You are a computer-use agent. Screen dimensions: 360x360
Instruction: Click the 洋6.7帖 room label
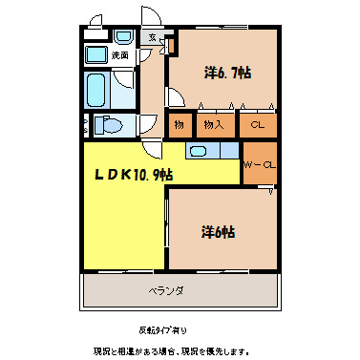coord(227,73)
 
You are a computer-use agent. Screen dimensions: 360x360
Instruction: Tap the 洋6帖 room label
coord(219,231)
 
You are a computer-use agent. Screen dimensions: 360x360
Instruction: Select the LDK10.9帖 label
coord(132,174)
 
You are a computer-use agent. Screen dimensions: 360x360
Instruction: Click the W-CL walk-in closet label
coord(259,163)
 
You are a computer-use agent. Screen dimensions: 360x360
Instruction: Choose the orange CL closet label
coord(257,124)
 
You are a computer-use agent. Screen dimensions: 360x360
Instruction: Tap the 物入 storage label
coord(213,124)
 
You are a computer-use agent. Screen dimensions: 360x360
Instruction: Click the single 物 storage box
coord(178,124)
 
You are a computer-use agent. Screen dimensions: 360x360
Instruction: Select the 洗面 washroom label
coord(119,56)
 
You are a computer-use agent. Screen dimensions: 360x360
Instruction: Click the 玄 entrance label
coord(153,37)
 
